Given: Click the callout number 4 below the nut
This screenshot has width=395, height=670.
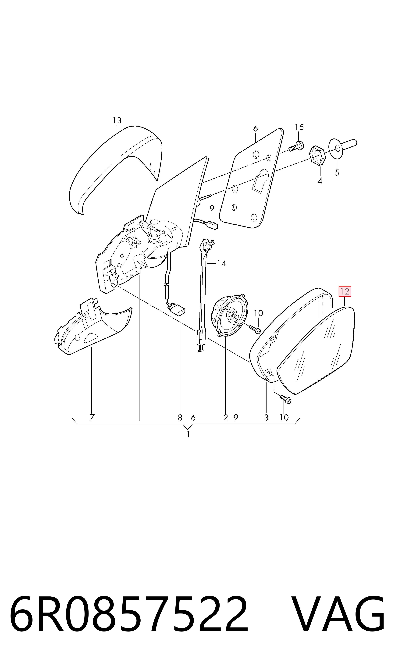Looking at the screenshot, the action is point(320,181).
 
